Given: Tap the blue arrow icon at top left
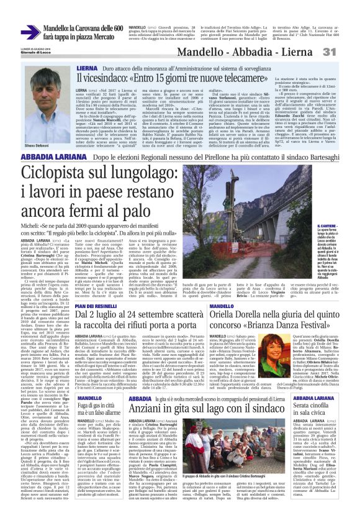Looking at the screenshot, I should [x=30, y=33].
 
